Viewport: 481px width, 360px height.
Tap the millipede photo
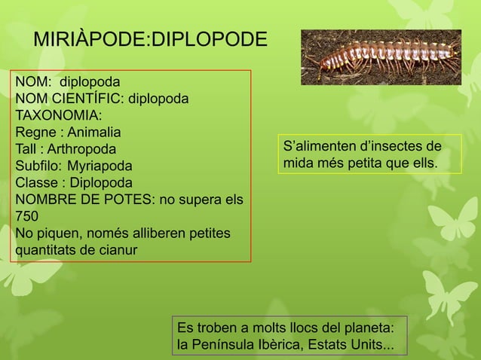(381, 56)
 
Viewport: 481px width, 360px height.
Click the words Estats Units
(350, 346)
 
